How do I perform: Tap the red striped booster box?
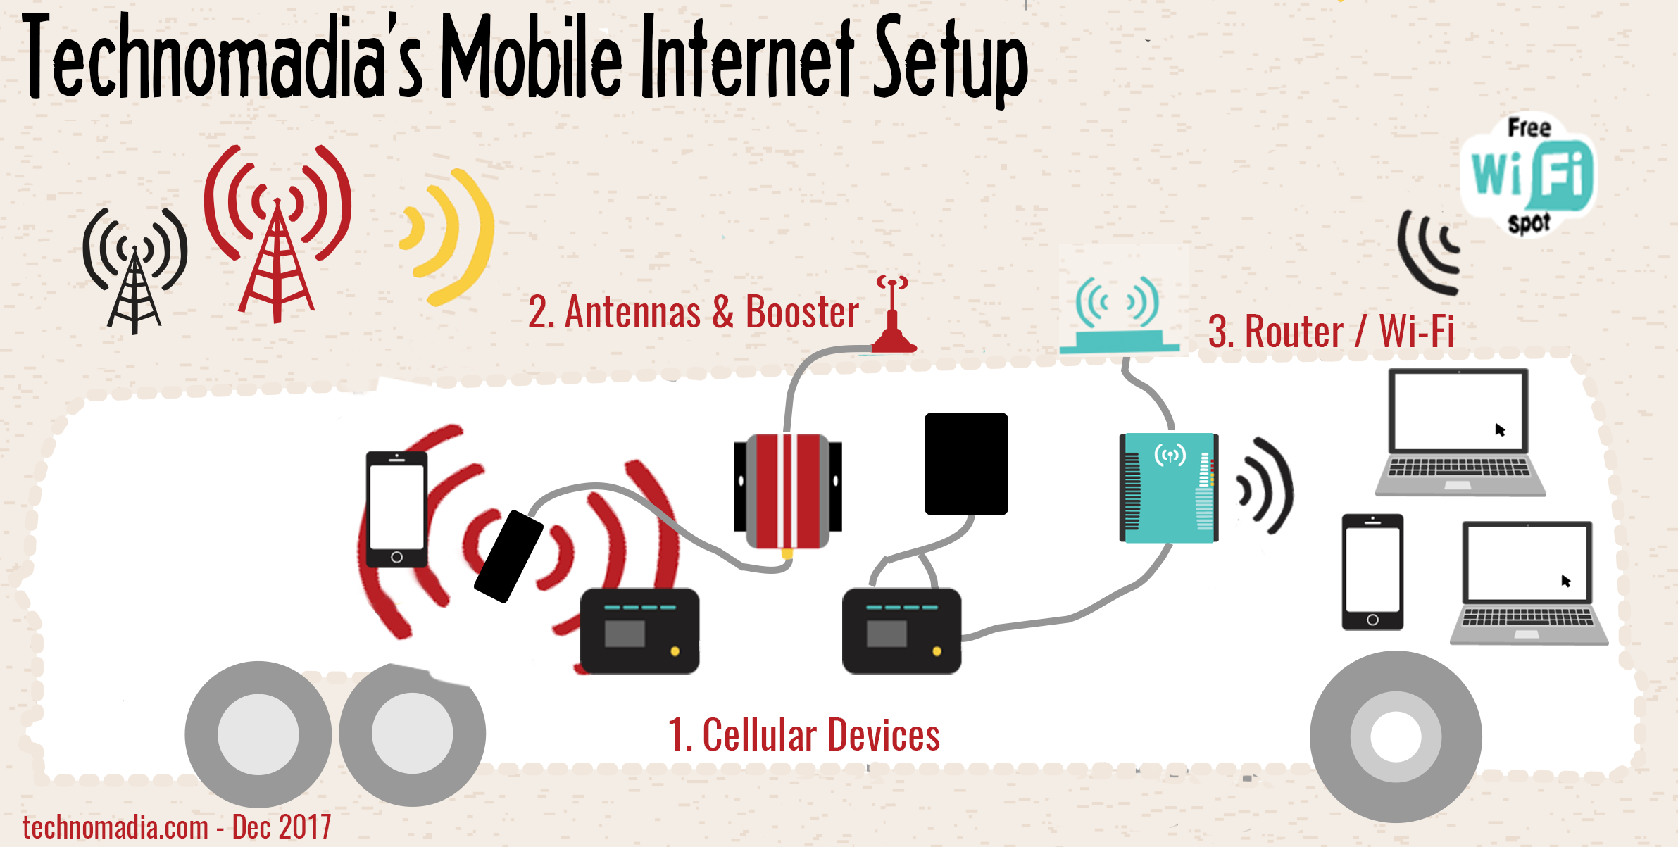788,491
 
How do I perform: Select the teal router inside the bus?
1169,488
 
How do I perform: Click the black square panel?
966,464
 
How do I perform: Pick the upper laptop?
1460,432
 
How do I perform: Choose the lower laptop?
1529,583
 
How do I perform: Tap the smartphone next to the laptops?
1372,572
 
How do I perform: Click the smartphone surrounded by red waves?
396,509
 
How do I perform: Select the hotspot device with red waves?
639,631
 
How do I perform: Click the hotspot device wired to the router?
901,631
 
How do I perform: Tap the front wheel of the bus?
1396,737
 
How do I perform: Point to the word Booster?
802,312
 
